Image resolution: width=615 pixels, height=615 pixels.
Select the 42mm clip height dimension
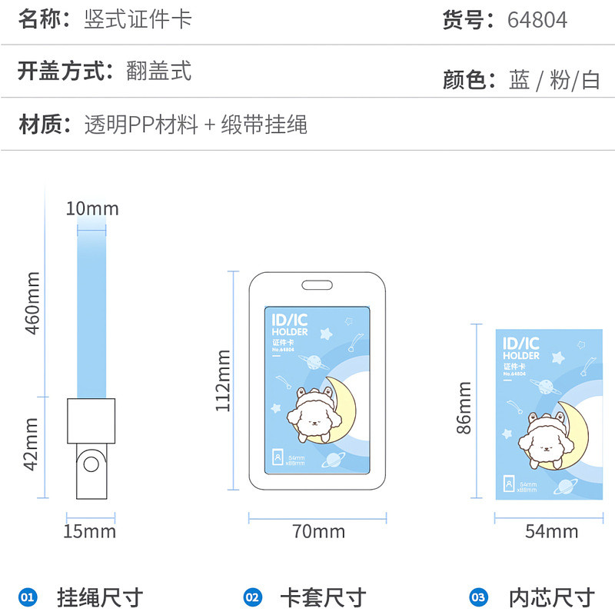click(32, 444)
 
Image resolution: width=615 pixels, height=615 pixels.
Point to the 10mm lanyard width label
click(92, 208)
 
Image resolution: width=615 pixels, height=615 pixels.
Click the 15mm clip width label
click(90, 531)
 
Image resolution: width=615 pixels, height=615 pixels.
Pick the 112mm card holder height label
click(223, 381)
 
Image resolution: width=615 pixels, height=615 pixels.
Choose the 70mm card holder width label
click(318, 531)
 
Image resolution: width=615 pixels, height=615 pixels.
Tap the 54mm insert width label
click(551, 531)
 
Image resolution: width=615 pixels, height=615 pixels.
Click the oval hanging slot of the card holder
click(317, 285)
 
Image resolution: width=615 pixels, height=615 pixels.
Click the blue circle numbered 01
click(28, 597)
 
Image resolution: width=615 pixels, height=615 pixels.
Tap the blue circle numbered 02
click(252, 597)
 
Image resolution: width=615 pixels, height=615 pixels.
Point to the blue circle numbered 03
click(478, 597)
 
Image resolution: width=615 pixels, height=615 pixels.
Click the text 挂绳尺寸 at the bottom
click(100, 597)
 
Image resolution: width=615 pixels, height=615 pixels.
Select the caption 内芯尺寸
click(552, 597)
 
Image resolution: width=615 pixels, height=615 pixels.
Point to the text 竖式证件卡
click(138, 19)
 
